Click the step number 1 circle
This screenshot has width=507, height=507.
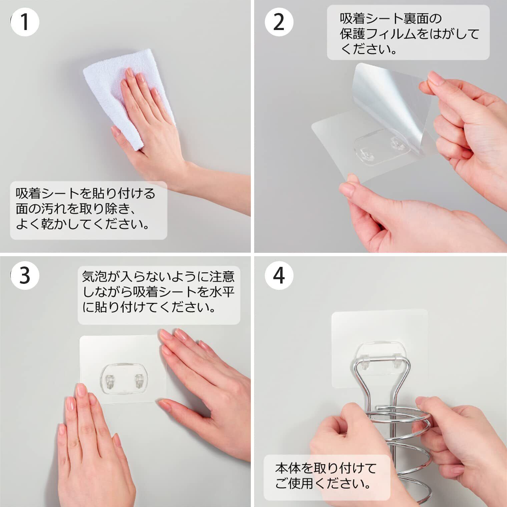(25, 22)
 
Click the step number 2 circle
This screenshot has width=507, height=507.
(279, 22)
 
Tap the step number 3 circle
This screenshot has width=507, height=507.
(25, 276)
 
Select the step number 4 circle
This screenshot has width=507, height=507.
(279, 276)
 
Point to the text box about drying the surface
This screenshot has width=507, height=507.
(88, 210)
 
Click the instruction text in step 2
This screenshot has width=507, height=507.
(410, 34)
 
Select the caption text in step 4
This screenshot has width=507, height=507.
(326, 476)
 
